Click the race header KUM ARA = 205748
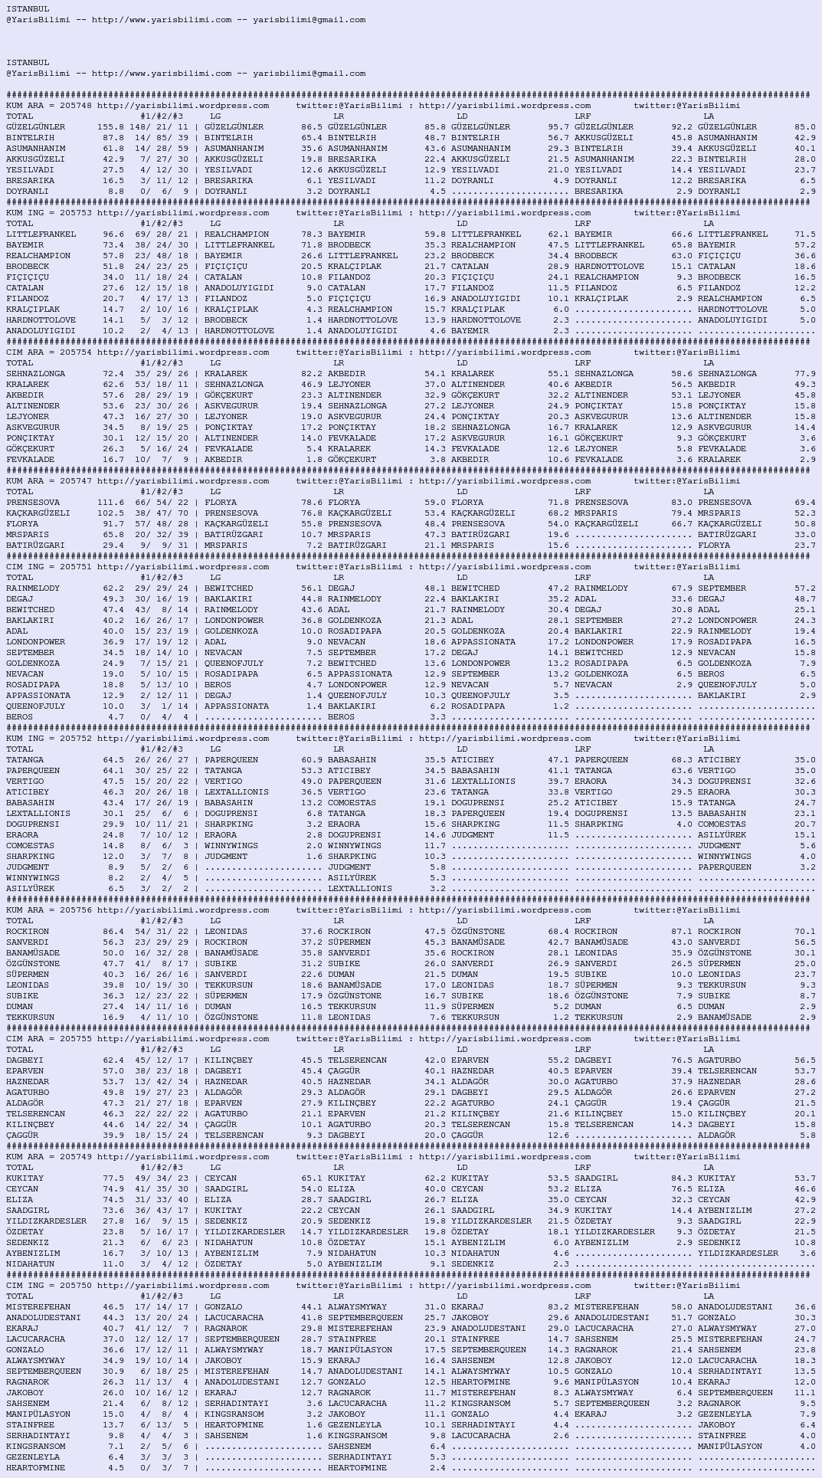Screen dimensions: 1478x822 (49, 106)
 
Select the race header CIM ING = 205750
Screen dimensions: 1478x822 (49, 1286)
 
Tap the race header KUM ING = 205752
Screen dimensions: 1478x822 (49, 739)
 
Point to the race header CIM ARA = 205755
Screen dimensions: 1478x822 (49, 1039)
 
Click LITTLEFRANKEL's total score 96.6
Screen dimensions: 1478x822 (113, 234)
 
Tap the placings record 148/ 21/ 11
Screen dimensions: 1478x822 (159, 127)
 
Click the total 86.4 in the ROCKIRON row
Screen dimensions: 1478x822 (113, 932)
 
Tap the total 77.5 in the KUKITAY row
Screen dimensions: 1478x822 (113, 1178)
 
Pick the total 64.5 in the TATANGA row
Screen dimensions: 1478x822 (113, 760)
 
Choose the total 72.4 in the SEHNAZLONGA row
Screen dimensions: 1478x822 (113, 374)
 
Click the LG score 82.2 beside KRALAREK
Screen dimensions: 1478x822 (312, 374)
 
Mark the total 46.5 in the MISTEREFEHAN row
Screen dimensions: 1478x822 (113, 1307)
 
